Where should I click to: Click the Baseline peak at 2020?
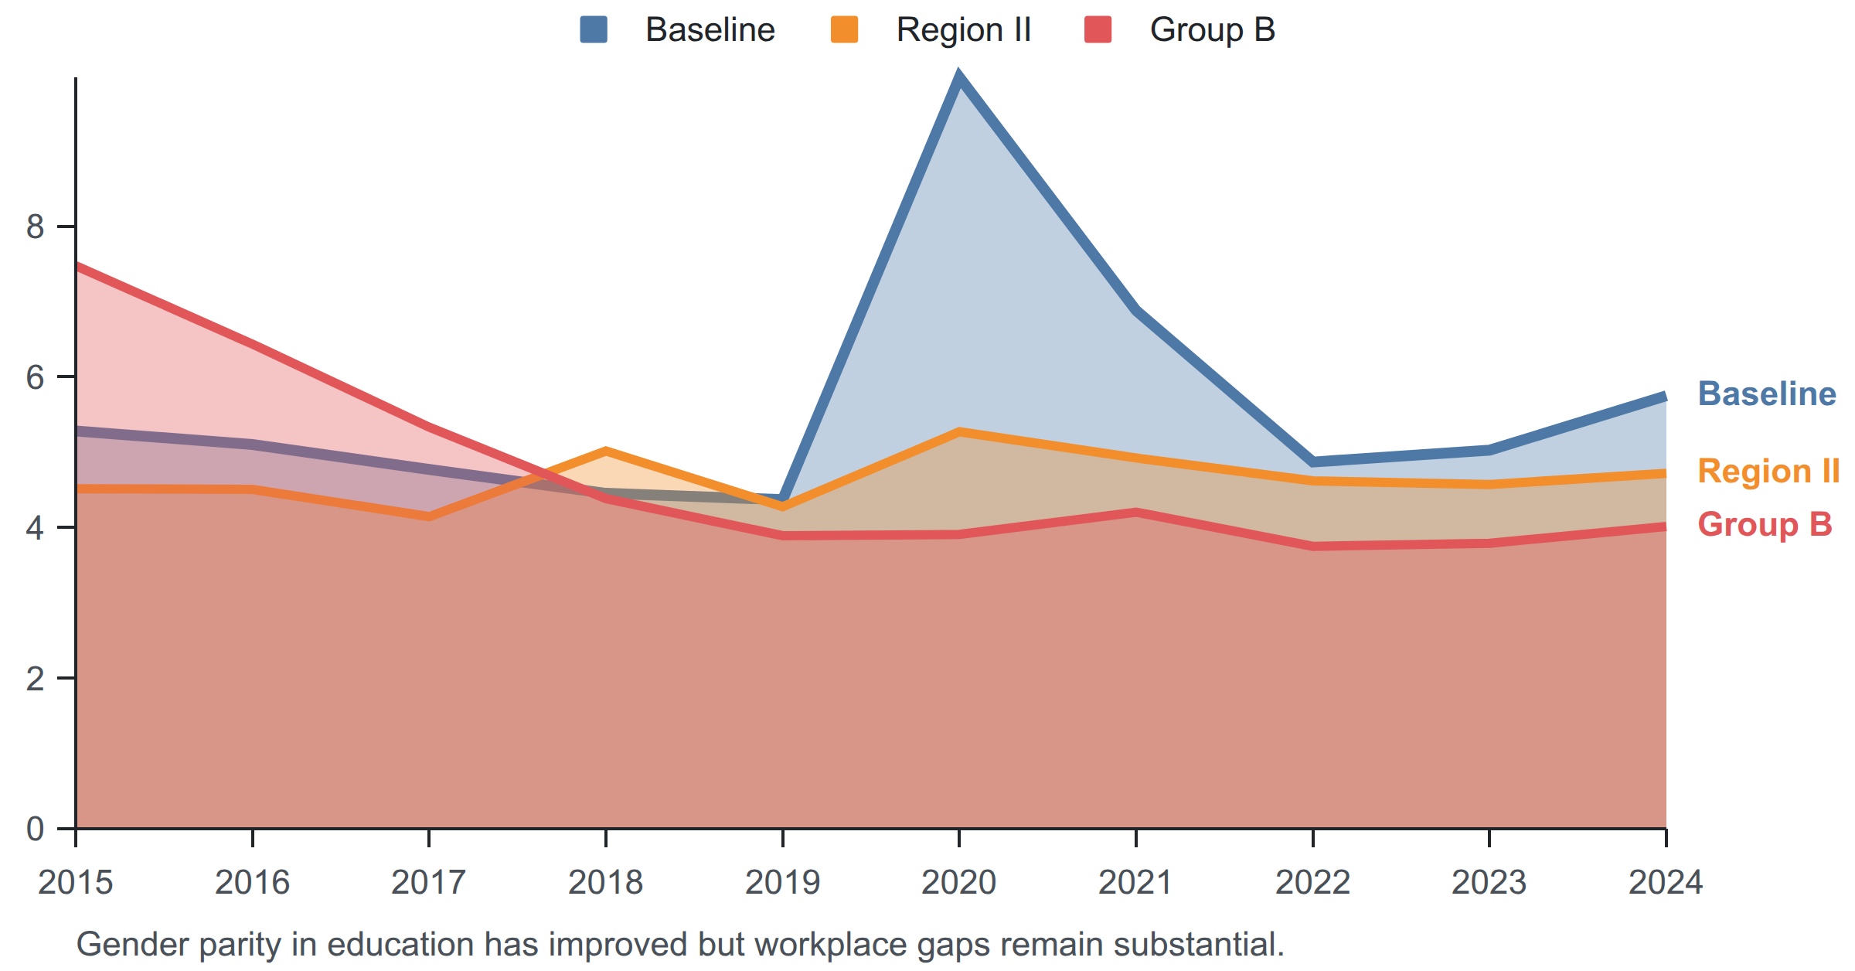point(959,78)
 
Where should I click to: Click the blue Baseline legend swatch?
point(594,29)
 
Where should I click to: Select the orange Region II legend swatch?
point(844,29)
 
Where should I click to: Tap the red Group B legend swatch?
point(1098,29)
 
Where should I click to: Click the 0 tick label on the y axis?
point(35,829)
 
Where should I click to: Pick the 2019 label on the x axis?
point(782,882)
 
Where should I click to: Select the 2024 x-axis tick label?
point(1666,882)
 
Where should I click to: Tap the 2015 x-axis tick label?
point(76,882)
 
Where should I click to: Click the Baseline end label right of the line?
point(1767,394)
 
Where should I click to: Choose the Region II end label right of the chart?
point(1768,471)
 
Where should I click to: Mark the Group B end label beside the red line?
point(1765,524)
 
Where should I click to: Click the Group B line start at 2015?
point(77,267)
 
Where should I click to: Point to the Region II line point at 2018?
point(606,451)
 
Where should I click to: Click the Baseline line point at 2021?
point(1136,310)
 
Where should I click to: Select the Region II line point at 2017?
point(429,516)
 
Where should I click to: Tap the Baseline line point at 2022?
point(1313,462)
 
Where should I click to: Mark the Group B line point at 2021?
point(1136,513)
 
